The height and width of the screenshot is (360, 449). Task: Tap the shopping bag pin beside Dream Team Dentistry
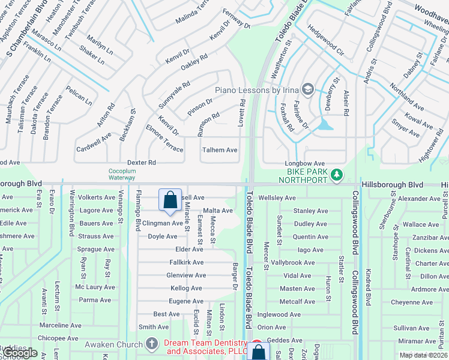click(x=258, y=352)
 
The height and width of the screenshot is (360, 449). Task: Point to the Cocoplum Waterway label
click(x=122, y=174)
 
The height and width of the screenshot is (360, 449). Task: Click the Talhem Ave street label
click(x=220, y=150)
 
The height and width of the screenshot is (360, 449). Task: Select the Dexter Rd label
click(x=142, y=163)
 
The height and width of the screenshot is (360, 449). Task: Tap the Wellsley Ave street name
click(x=277, y=198)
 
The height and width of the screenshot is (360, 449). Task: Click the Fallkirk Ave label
click(x=186, y=262)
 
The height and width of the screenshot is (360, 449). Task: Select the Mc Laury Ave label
click(x=95, y=287)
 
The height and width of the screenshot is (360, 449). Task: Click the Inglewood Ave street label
click(x=279, y=314)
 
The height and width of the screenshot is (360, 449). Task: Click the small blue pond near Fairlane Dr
click(x=325, y=124)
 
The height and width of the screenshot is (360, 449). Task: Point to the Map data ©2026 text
click(x=423, y=355)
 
